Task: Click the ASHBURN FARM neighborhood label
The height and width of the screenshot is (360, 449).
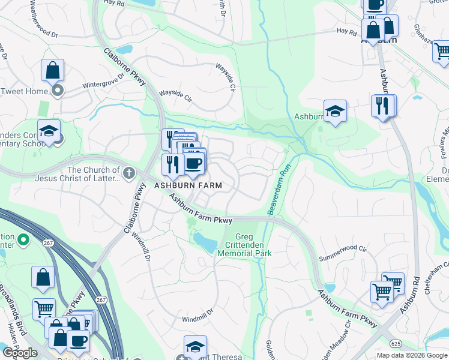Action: pyautogui.click(x=188, y=186)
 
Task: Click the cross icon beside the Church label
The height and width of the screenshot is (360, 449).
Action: pyautogui.click(x=128, y=174)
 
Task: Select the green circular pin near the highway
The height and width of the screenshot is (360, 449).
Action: pyautogui.click(x=23, y=241)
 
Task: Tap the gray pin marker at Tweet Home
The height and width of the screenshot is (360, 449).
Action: pyautogui.click(x=58, y=91)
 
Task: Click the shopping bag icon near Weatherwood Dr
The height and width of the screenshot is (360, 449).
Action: pyautogui.click(x=53, y=70)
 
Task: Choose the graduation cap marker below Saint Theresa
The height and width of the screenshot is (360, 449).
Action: pyautogui.click(x=195, y=347)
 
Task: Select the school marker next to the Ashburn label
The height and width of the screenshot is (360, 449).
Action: pyautogui.click(x=335, y=111)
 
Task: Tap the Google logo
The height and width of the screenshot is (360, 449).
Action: pyautogui.click(x=20, y=352)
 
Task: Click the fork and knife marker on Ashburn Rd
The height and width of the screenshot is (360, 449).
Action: pyautogui.click(x=382, y=106)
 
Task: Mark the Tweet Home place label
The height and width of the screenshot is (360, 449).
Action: pyautogui.click(x=24, y=91)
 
